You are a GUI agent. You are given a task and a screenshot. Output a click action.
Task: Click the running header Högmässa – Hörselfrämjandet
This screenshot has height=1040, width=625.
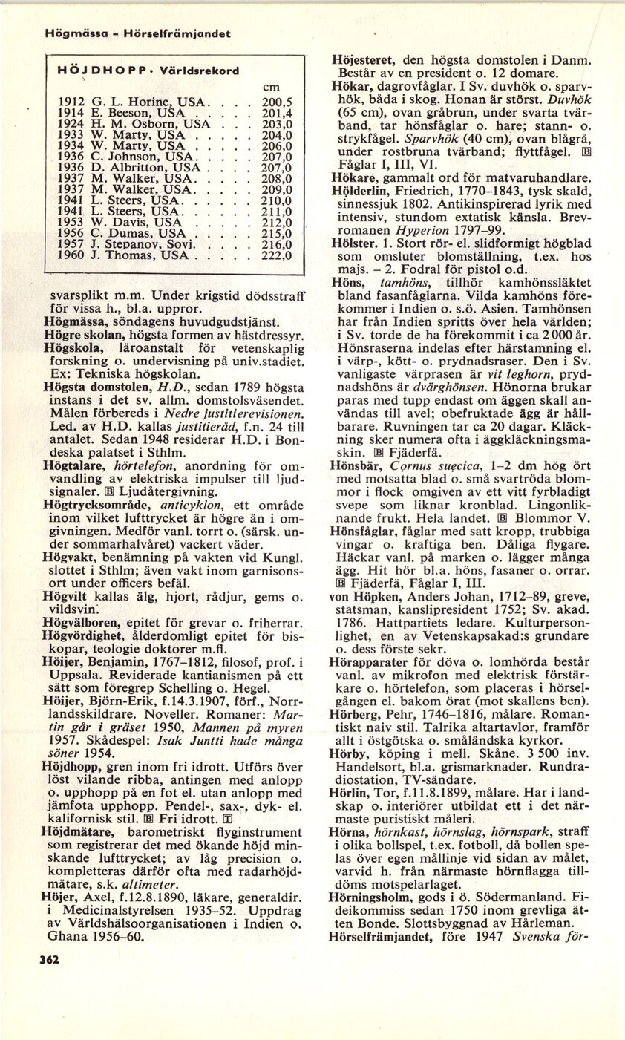(x=137, y=33)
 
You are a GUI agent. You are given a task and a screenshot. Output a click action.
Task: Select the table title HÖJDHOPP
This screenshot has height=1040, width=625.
(x=91, y=72)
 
